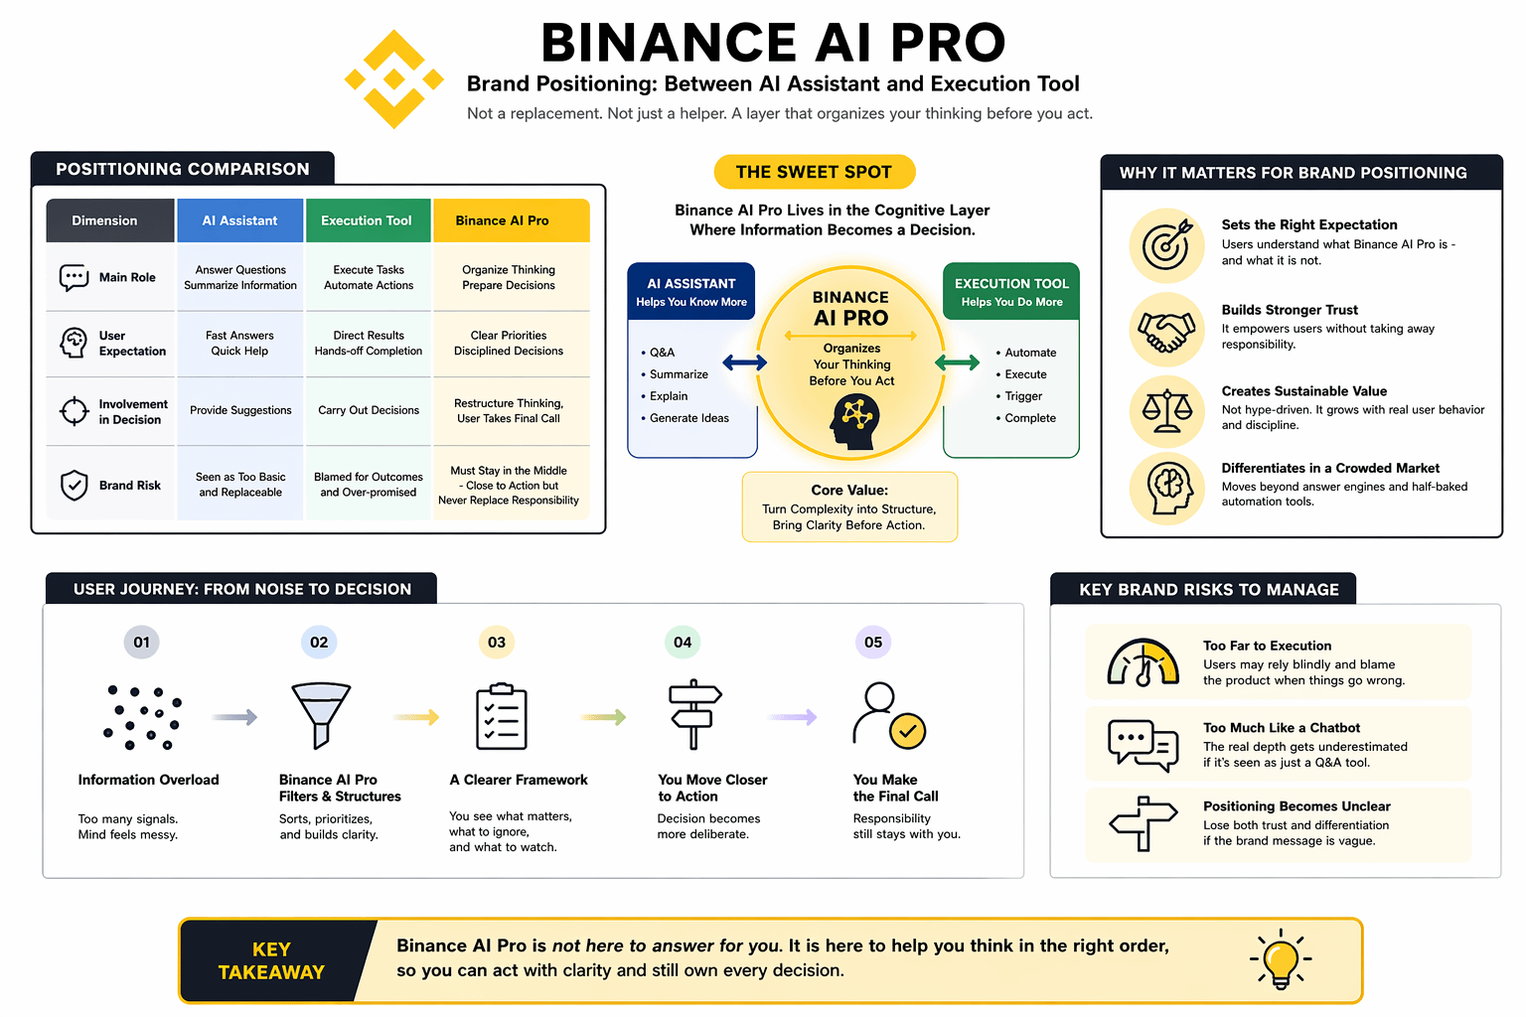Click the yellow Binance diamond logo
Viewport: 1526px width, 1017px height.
[394, 79]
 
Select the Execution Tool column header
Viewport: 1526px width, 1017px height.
[368, 220]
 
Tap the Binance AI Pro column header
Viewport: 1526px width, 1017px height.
[511, 220]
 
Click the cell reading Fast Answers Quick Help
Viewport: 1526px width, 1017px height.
[239, 344]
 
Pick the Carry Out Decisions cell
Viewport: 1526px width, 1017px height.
[369, 410]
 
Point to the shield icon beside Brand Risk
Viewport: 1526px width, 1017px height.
[75, 486]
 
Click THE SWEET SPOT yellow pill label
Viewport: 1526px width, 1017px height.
[814, 172]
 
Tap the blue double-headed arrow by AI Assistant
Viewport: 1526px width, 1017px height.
[744, 363]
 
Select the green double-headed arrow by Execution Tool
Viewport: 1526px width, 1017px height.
[958, 363]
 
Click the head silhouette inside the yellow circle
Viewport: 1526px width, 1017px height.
[853, 421]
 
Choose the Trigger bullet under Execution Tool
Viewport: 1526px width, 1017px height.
[1022, 396]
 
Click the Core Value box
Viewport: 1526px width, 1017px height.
[849, 507]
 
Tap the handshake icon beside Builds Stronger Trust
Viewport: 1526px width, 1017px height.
[1166, 330]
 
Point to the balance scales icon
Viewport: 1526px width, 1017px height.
[1166, 411]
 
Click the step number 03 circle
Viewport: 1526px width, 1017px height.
[497, 643]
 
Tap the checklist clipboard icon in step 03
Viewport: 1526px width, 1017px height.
[502, 717]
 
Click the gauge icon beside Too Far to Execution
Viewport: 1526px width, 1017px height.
[1144, 662]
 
